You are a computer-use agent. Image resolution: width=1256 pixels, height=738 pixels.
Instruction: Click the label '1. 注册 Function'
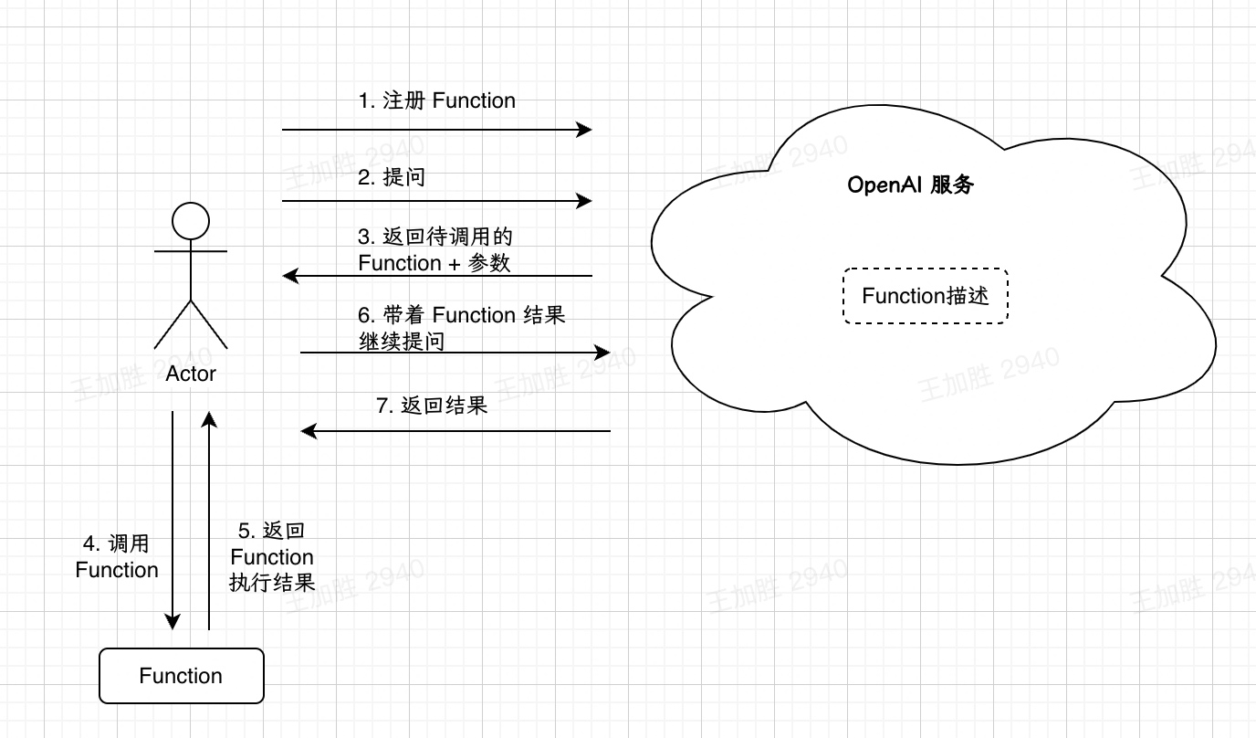pos(436,101)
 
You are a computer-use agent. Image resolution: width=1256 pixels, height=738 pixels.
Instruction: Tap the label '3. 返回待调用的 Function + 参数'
pos(434,250)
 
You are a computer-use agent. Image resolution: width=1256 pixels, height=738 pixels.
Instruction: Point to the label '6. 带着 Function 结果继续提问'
pos(461,328)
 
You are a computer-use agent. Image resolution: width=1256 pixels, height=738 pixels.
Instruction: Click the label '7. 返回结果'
pos(432,406)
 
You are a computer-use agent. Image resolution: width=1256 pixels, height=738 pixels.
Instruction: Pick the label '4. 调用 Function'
pos(117,557)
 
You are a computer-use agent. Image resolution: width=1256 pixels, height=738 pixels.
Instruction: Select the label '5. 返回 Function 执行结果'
pos(272,557)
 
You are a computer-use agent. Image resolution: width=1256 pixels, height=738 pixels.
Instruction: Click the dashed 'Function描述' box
pos(926,296)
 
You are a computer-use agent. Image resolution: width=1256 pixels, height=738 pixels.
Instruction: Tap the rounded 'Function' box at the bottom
pos(181,676)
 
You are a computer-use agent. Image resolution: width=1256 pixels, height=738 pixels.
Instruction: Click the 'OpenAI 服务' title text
pos(911,185)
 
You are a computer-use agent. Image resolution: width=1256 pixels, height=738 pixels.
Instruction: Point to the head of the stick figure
pos(191,222)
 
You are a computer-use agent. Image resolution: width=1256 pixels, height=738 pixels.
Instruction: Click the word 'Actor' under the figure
pos(191,374)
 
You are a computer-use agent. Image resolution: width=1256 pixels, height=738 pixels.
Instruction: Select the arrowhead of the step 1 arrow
pos(585,130)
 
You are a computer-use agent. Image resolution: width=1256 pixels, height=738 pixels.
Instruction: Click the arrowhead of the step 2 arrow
pos(585,201)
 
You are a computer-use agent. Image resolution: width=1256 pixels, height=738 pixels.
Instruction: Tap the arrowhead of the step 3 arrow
pos(290,275)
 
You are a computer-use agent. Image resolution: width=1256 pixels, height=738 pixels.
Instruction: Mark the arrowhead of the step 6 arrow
pos(602,353)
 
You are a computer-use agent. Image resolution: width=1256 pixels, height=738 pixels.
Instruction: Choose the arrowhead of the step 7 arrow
pos(309,430)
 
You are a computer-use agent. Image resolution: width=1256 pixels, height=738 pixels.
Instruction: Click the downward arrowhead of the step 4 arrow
pos(173,622)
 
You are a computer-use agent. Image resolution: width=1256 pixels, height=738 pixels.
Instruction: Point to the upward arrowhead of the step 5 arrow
pos(209,419)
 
